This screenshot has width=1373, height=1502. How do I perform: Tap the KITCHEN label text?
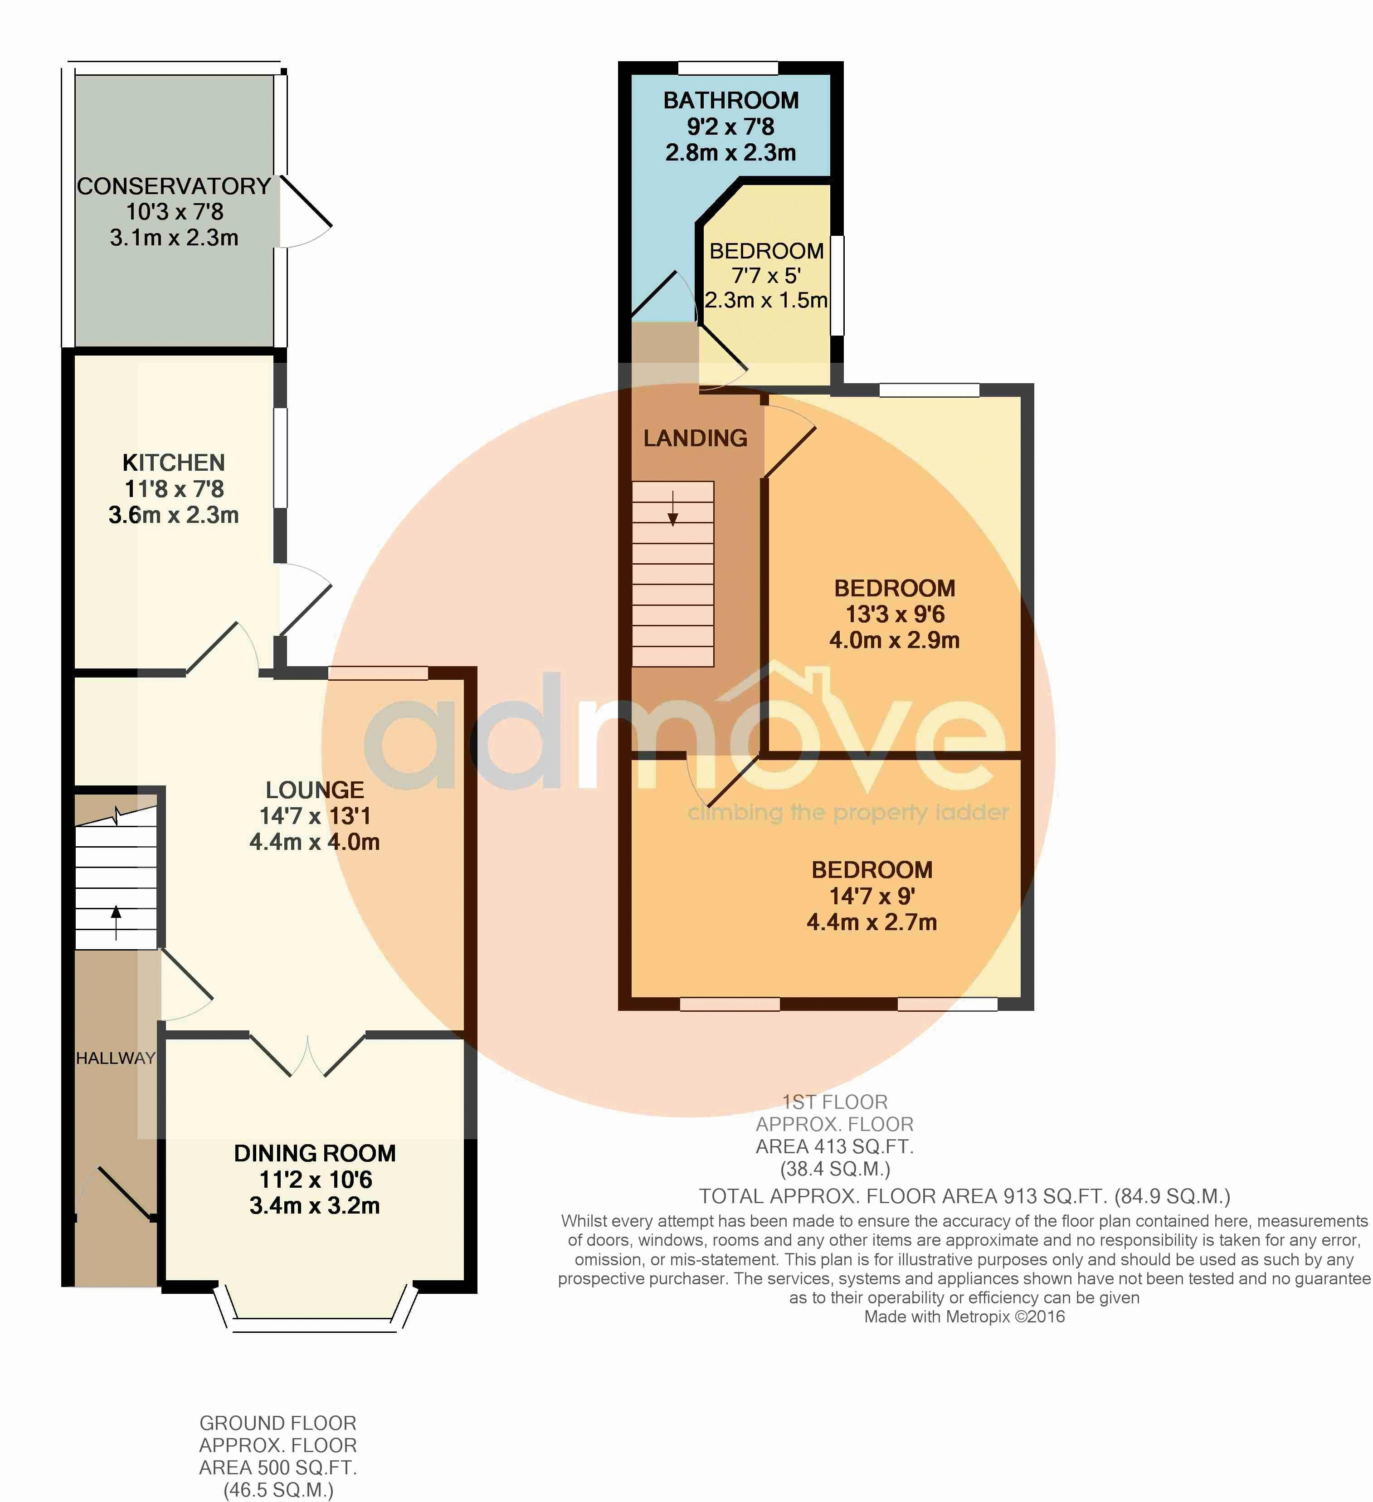click(174, 463)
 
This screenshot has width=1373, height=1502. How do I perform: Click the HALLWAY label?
click(116, 1058)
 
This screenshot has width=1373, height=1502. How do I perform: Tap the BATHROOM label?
click(731, 101)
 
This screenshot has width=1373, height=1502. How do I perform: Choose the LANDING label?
click(695, 438)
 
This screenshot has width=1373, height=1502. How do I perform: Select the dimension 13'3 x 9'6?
click(895, 614)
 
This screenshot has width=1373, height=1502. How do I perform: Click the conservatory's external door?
click(306, 212)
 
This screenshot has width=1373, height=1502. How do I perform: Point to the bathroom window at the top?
click(728, 68)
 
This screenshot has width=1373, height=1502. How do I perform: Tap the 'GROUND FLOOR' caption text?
click(278, 1423)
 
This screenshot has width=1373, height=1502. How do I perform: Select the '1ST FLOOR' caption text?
click(835, 1102)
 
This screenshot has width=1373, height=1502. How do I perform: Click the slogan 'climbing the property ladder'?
click(848, 812)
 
